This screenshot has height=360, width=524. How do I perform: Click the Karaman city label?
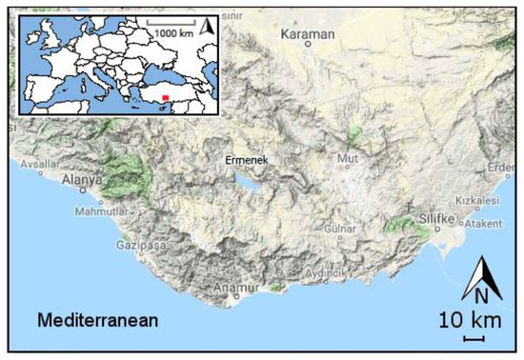[309, 35]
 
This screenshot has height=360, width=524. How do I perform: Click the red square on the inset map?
[164, 96]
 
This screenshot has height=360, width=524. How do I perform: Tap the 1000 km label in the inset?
[174, 31]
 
